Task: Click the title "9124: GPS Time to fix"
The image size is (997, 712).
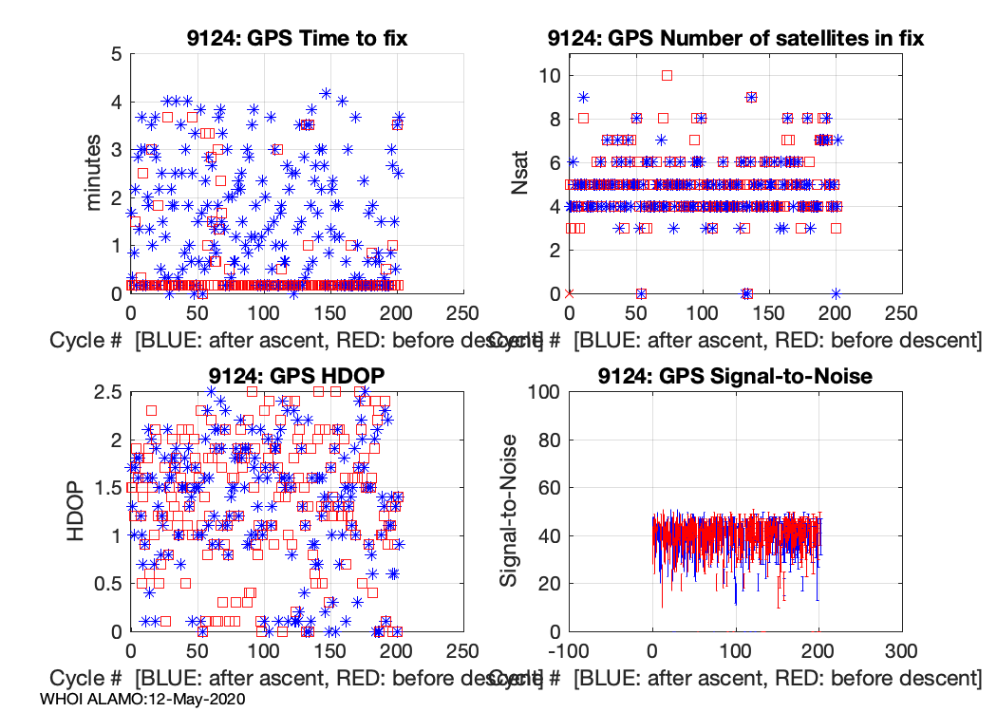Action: (x=296, y=38)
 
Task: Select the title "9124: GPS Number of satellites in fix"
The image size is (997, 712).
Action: (x=736, y=38)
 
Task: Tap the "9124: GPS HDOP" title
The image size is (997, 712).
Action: (x=296, y=376)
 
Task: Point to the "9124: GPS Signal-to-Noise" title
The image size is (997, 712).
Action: (x=735, y=376)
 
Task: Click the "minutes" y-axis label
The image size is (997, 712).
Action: (x=95, y=173)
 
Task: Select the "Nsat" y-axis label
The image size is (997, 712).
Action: (x=521, y=173)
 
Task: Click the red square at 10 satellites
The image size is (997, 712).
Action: (x=667, y=75)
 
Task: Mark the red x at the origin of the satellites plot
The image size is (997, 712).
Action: (x=569, y=293)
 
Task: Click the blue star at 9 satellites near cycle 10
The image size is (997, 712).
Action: (x=583, y=97)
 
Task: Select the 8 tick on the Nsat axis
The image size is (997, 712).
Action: (x=552, y=119)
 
